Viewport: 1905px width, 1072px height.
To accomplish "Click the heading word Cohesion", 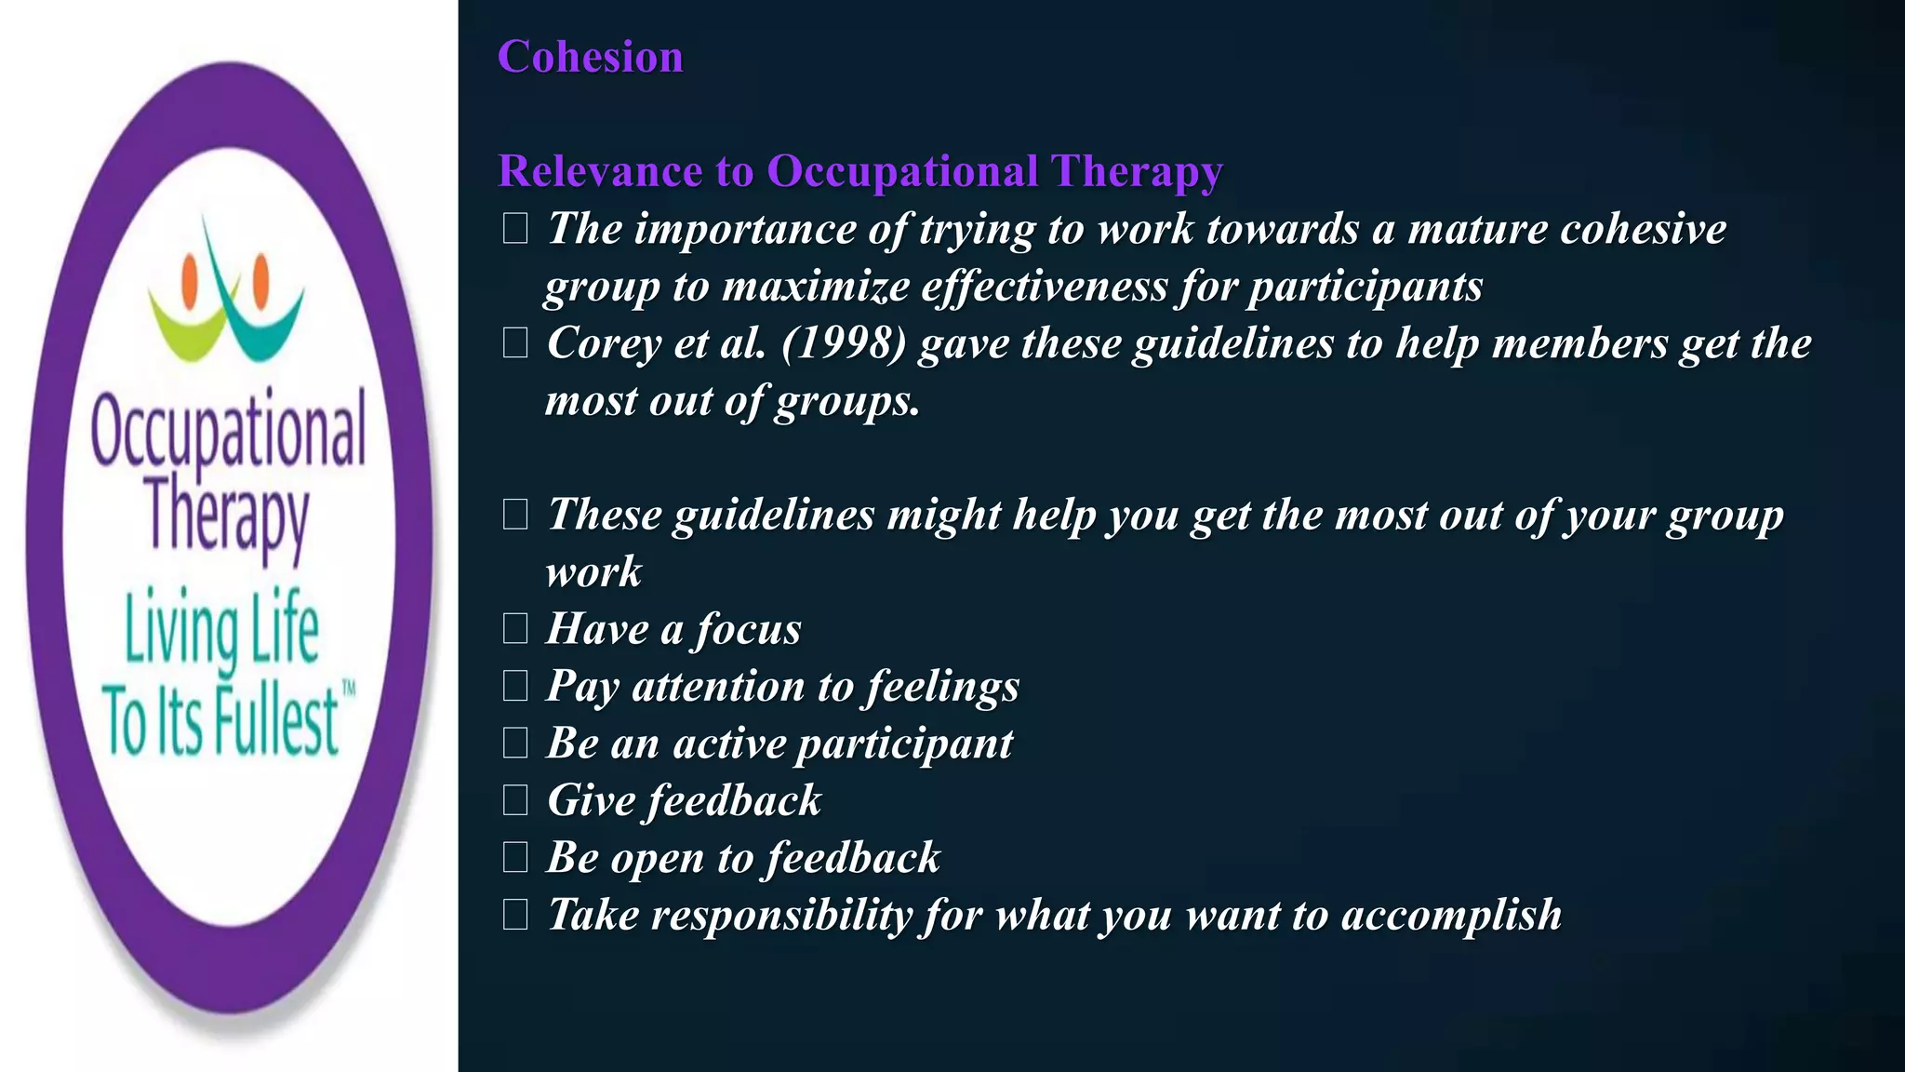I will tap(591, 57).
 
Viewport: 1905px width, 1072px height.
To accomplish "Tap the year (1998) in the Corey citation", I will tap(844, 343).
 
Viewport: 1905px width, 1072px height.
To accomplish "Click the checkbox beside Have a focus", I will tap(515, 629).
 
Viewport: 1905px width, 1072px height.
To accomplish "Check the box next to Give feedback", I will tap(515, 800).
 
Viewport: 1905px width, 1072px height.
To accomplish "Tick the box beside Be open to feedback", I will tap(515, 857).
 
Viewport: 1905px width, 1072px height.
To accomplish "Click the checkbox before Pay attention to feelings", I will tap(515, 686).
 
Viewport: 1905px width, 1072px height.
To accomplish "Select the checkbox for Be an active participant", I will tap(515, 744).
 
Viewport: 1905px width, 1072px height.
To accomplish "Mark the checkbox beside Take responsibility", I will tap(515, 915).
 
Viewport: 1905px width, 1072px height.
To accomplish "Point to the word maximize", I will tap(816, 287).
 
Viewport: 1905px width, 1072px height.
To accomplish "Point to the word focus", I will tap(747, 629).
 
